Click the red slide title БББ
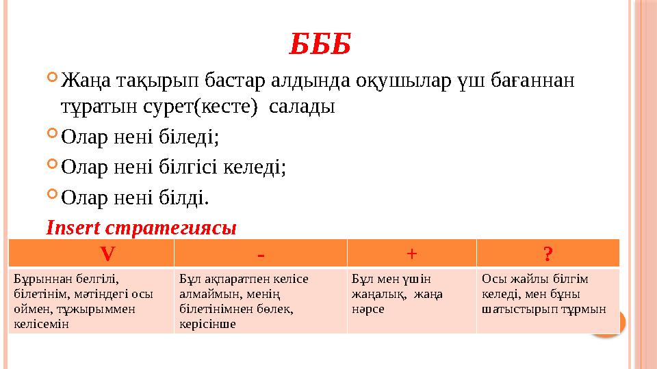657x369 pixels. coord(321,44)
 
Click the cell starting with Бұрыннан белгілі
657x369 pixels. coord(91,301)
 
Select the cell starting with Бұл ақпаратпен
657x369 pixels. coord(260,301)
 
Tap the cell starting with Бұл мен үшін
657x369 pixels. coord(411,294)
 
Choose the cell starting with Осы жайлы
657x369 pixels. coord(547,294)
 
